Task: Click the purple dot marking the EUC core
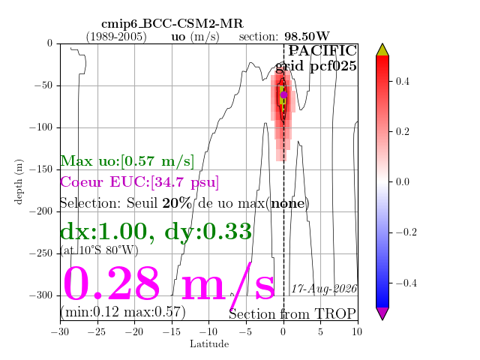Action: (x=283, y=95)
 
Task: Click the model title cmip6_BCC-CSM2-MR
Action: (x=172, y=23)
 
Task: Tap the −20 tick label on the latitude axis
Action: (x=134, y=331)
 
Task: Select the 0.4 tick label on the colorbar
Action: (x=402, y=82)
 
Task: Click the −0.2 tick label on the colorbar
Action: (x=406, y=232)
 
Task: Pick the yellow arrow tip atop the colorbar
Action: (x=382, y=50)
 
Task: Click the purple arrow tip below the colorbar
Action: (x=382, y=313)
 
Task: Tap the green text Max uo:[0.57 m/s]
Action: (x=127, y=161)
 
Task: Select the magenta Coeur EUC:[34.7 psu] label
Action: (x=139, y=182)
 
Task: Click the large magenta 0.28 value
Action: (x=112, y=283)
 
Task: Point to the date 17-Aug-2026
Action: (x=324, y=288)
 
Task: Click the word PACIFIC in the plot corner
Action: (x=322, y=51)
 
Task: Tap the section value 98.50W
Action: (x=307, y=37)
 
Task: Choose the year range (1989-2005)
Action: (x=116, y=37)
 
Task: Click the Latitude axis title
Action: (x=209, y=343)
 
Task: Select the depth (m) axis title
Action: (x=18, y=181)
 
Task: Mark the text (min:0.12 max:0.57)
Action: (x=123, y=312)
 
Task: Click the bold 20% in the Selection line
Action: (x=177, y=203)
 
